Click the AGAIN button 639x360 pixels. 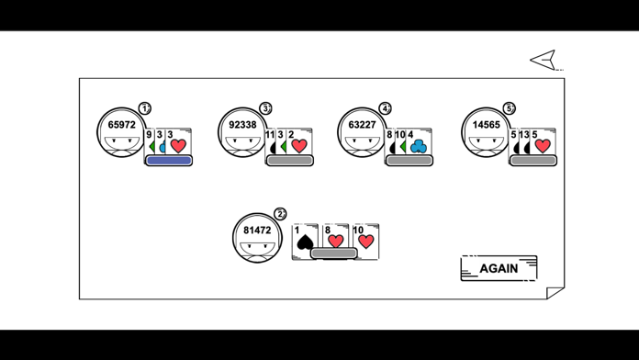tap(499, 268)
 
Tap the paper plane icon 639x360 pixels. tap(544, 60)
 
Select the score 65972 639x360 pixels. tap(121, 125)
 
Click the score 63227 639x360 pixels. tap(362, 125)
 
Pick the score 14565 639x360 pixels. tap(486, 125)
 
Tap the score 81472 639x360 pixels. tap(257, 231)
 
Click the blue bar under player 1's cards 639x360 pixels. tap(169, 161)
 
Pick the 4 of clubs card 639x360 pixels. tap(418, 143)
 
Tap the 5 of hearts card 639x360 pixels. tap(543, 143)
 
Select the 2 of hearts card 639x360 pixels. tap(299, 143)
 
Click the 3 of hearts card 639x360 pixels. tap(178, 143)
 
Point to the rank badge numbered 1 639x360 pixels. tap(145, 108)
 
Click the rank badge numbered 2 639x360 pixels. tap(280, 214)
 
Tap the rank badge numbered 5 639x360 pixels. tap(510, 108)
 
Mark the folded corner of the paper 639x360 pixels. tap(555, 292)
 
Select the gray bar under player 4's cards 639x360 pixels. tap(409, 161)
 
